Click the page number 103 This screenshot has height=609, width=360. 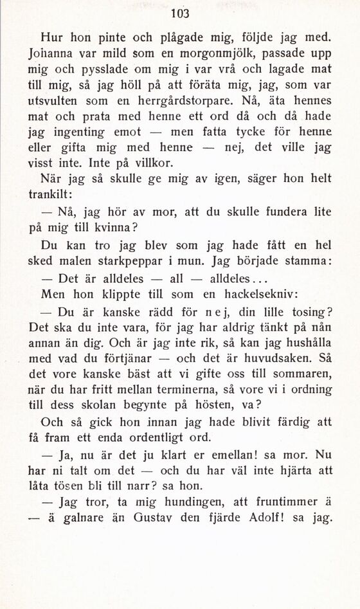(x=180, y=13)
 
